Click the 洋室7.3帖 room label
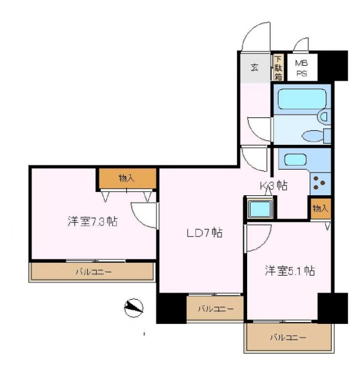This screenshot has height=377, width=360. pyautogui.click(x=93, y=221)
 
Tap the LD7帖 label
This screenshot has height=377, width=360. pyautogui.click(x=204, y=233)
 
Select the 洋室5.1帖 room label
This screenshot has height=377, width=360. pyautogui.click(x=289, y=270)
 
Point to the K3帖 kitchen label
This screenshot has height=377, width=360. pyautogui.click(x=274, y=186)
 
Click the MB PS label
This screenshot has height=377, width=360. pyautogui.click(x=302, y=68)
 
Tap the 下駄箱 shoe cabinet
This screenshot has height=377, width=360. pyautogui.click(x=278, y=68)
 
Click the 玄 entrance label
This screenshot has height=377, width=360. pyautogui.click(x=255, y=68)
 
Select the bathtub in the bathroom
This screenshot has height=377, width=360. pyautogui.click(x=302, y=99)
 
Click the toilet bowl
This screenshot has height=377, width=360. pyautogui.click(x=312, y=136)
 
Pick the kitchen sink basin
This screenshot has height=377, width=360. pyautogui.click(x=295, y=160)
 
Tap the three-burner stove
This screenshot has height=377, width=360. pyautogui.click(x=320, y=183)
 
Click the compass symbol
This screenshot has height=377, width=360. pyautogui.click(x=134, y=308)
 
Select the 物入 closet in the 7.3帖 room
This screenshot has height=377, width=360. pyautogui.click(x=126, y=178)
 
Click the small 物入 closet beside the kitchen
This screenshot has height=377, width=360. pyautogui.click(x=320, y=209)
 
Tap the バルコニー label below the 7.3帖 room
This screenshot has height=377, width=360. pyautogui.click(x=93, y=272)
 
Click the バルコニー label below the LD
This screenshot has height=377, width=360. pyautogui.click(x=216, y=309)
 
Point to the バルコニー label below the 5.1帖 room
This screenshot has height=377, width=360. pyautogui.click(x=288, y=337)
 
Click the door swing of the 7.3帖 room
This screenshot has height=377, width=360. pyautogui.click(x=144, y=215)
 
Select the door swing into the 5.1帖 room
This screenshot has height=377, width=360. pyautogui.click(x=259, y=238)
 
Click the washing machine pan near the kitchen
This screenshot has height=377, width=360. pyautogui.click(x=260, y=209)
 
